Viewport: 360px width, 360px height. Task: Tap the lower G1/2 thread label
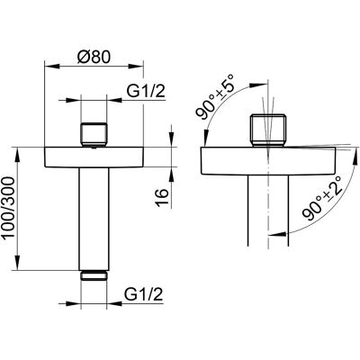pos(144,294)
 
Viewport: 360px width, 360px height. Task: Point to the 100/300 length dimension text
pos(8,207)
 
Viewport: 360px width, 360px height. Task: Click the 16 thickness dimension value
pos(162,198)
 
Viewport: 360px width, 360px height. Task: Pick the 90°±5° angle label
pos(216,97)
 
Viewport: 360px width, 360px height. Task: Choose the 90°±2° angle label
pos(322,198)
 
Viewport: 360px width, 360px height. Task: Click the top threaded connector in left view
pos(94,134)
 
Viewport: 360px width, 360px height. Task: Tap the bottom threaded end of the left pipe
pos(94,275)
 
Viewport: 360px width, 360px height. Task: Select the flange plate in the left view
pos(94,157)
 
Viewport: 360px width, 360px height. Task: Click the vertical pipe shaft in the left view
pos(94,219)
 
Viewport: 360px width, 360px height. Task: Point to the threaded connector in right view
pos(268,130)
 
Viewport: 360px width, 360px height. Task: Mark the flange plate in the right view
pos(268,160)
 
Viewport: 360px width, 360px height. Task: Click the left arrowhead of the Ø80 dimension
pos(51,66)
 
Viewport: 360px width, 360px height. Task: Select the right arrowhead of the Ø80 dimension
pos(136,66)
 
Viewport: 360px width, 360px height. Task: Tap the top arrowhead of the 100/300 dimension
pos(17,154)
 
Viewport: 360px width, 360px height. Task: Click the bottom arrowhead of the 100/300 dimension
pos(17,263)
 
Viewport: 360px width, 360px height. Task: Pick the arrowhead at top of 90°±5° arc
pos(258,85)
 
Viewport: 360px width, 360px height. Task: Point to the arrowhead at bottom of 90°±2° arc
pos(277,234)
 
